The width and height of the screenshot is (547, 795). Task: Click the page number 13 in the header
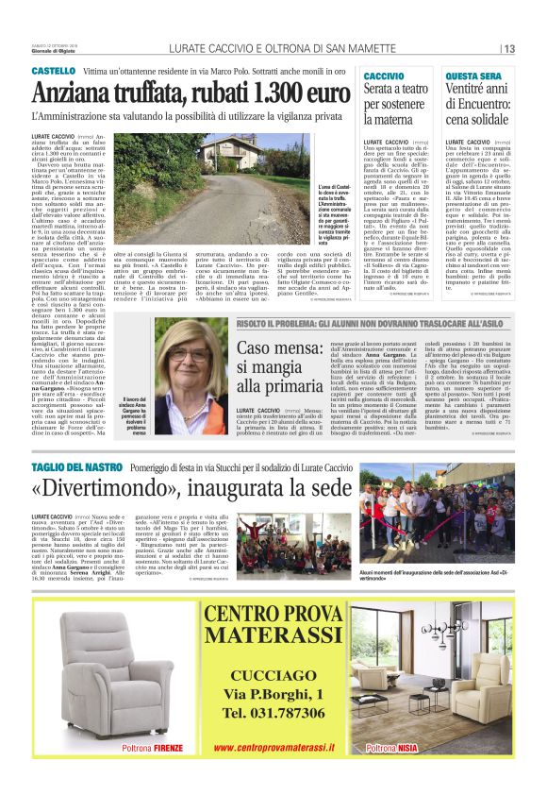[x=508, y=49]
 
